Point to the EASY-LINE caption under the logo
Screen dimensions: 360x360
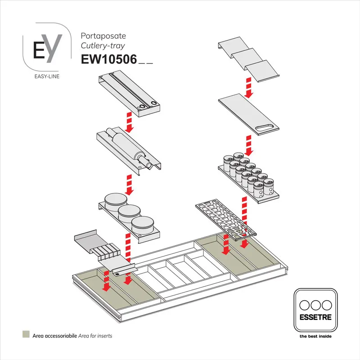pyautogui.click(x=47, y=76)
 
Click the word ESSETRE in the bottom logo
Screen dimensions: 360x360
pyautogui.click(x=315, y=317)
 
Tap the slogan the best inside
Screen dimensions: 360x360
pyautogui.click(x=315, y=336)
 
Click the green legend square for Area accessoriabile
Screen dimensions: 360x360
pyautogui.click(x=26, y=335)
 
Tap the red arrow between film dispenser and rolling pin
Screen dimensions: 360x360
pyautogui.click(x=130, y=122)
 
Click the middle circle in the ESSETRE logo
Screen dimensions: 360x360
pyautogui.click(x=315, y=304)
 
